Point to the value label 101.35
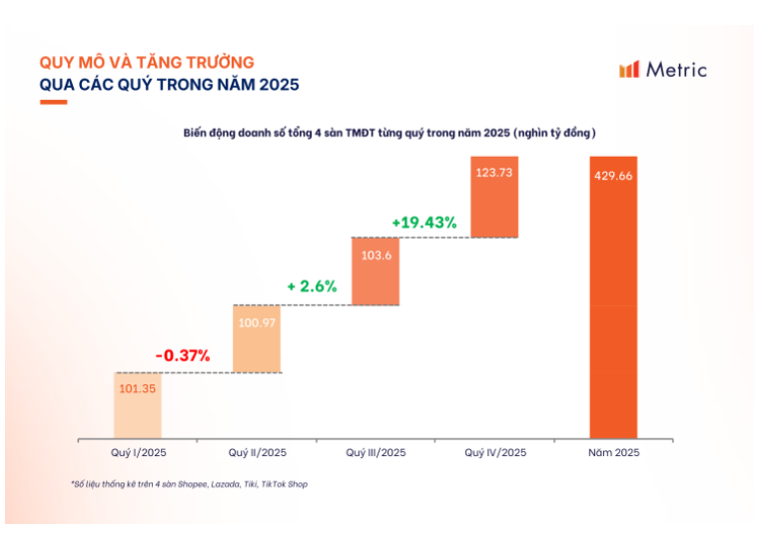(137, 389)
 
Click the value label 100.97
(257, 322)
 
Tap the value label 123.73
(494, 173)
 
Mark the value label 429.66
(613, 175)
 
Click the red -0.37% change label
(182, 354)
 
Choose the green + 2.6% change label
(312, 286)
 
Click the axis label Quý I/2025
(138, 453)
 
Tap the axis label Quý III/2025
(376, 453)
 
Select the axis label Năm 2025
(613, 453)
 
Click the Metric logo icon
(629, 70)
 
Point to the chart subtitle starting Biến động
(388, 133)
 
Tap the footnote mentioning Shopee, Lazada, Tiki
(189, 484)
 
